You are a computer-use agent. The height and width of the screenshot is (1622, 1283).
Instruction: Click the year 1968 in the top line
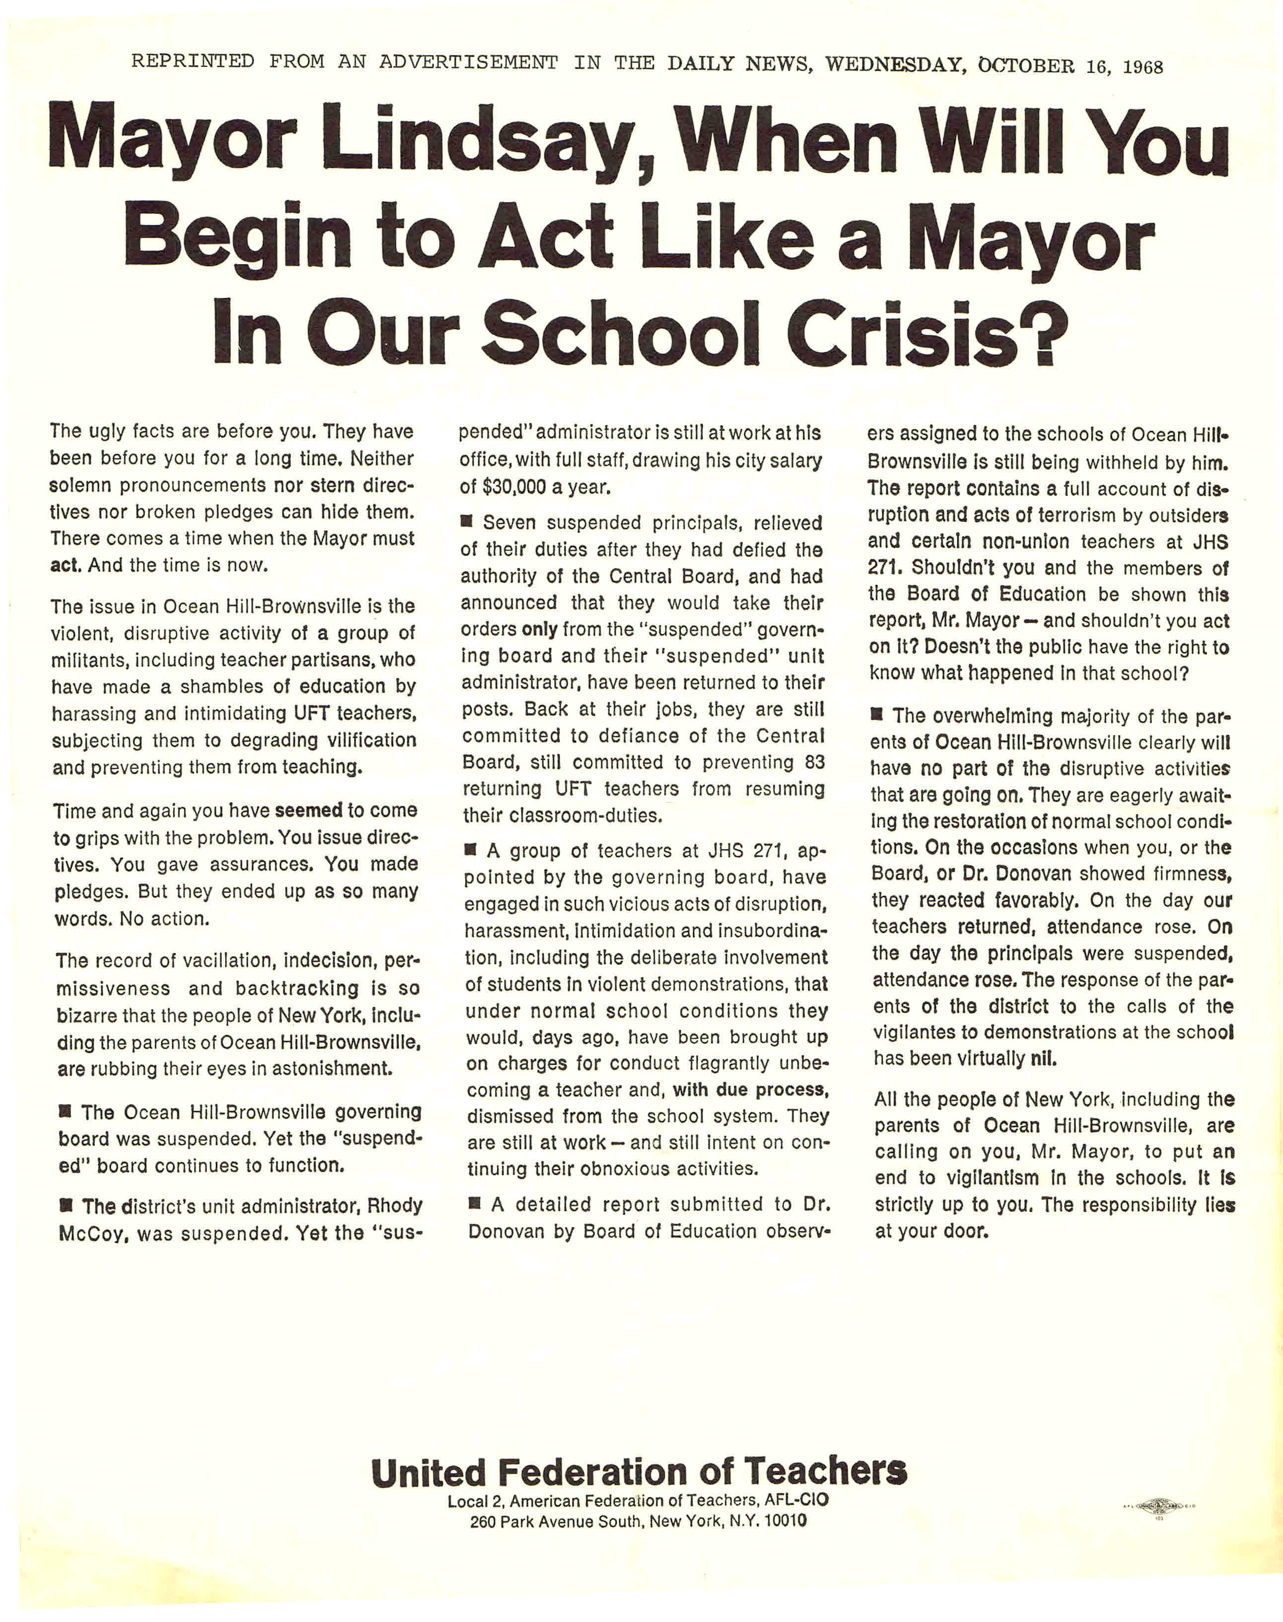coord(1142,67)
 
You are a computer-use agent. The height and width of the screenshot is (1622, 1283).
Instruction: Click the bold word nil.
coord(1041,1059)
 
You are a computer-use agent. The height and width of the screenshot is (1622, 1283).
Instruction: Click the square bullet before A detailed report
coord(475,1203)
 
